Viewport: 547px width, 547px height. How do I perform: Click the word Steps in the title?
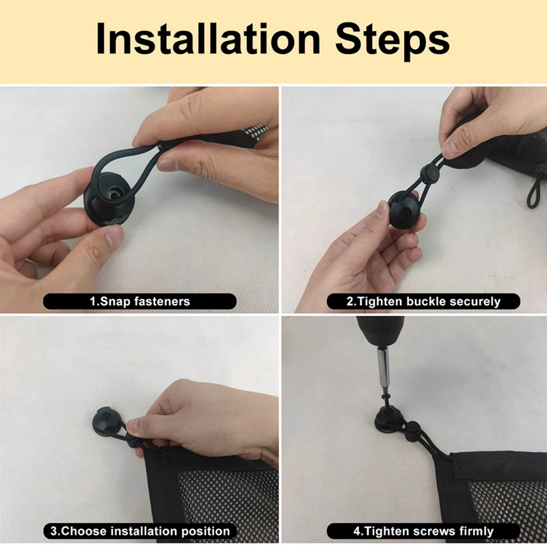click(x=392, y=39)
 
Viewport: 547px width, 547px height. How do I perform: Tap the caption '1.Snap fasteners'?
click(x=139, y=301)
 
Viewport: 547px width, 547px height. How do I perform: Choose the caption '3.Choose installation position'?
click(x=139, y=531)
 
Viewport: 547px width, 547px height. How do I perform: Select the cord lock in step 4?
click(x=414, y=435)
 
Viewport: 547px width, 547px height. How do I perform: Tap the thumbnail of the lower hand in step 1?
click(x=114, y=237)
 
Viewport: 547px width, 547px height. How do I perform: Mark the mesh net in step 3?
click(x=226, y=492)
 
